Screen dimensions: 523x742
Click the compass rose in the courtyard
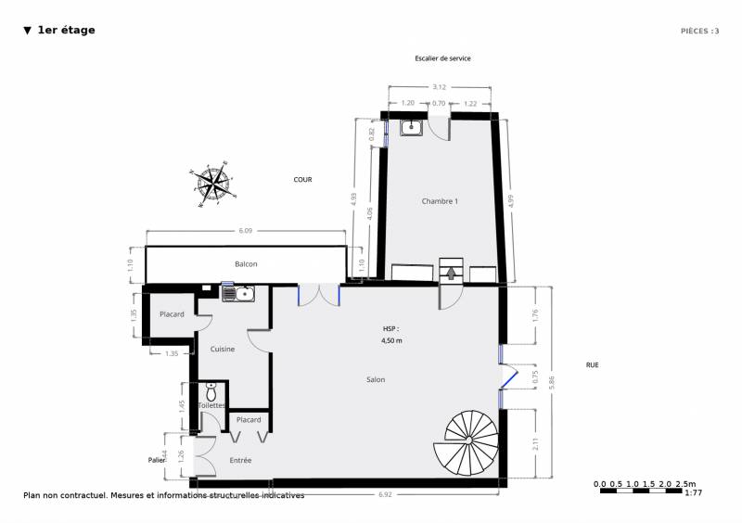pyautogui.click(x=212, y=183)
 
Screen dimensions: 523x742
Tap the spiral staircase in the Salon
pyautogui.click(x=472, y=443)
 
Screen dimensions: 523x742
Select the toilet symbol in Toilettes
pyautogui.click(x=211, y=393)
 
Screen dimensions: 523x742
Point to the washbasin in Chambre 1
pyautogui.click(x=412, y=128)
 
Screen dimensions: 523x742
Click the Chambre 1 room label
pyautogui.click(x=440, y=201)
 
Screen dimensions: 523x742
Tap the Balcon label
pyautogui.click(x=246, y=264)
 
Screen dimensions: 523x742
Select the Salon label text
pyautogui.click(x=375, y=379)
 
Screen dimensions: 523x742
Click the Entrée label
pyautogui.click(x=240, y=460)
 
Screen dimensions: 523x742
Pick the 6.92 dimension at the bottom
pyautogui.click(x=383, y=495)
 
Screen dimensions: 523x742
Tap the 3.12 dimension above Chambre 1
pyautogui.click(x=439, y=87)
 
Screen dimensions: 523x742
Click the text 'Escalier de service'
pyautogui.click(x=442, y=58)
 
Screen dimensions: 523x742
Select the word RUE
pyautogui.click(x=592, y=365)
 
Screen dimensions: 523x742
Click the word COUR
pyautogui.click(x=302, y=180)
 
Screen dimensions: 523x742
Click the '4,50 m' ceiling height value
pyautogui.click(x=392, y=340)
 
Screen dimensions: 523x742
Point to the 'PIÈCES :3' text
pyautogui.click(x=699, y=31)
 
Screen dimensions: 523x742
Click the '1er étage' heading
pyautogui.click(x=66, y=31)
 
